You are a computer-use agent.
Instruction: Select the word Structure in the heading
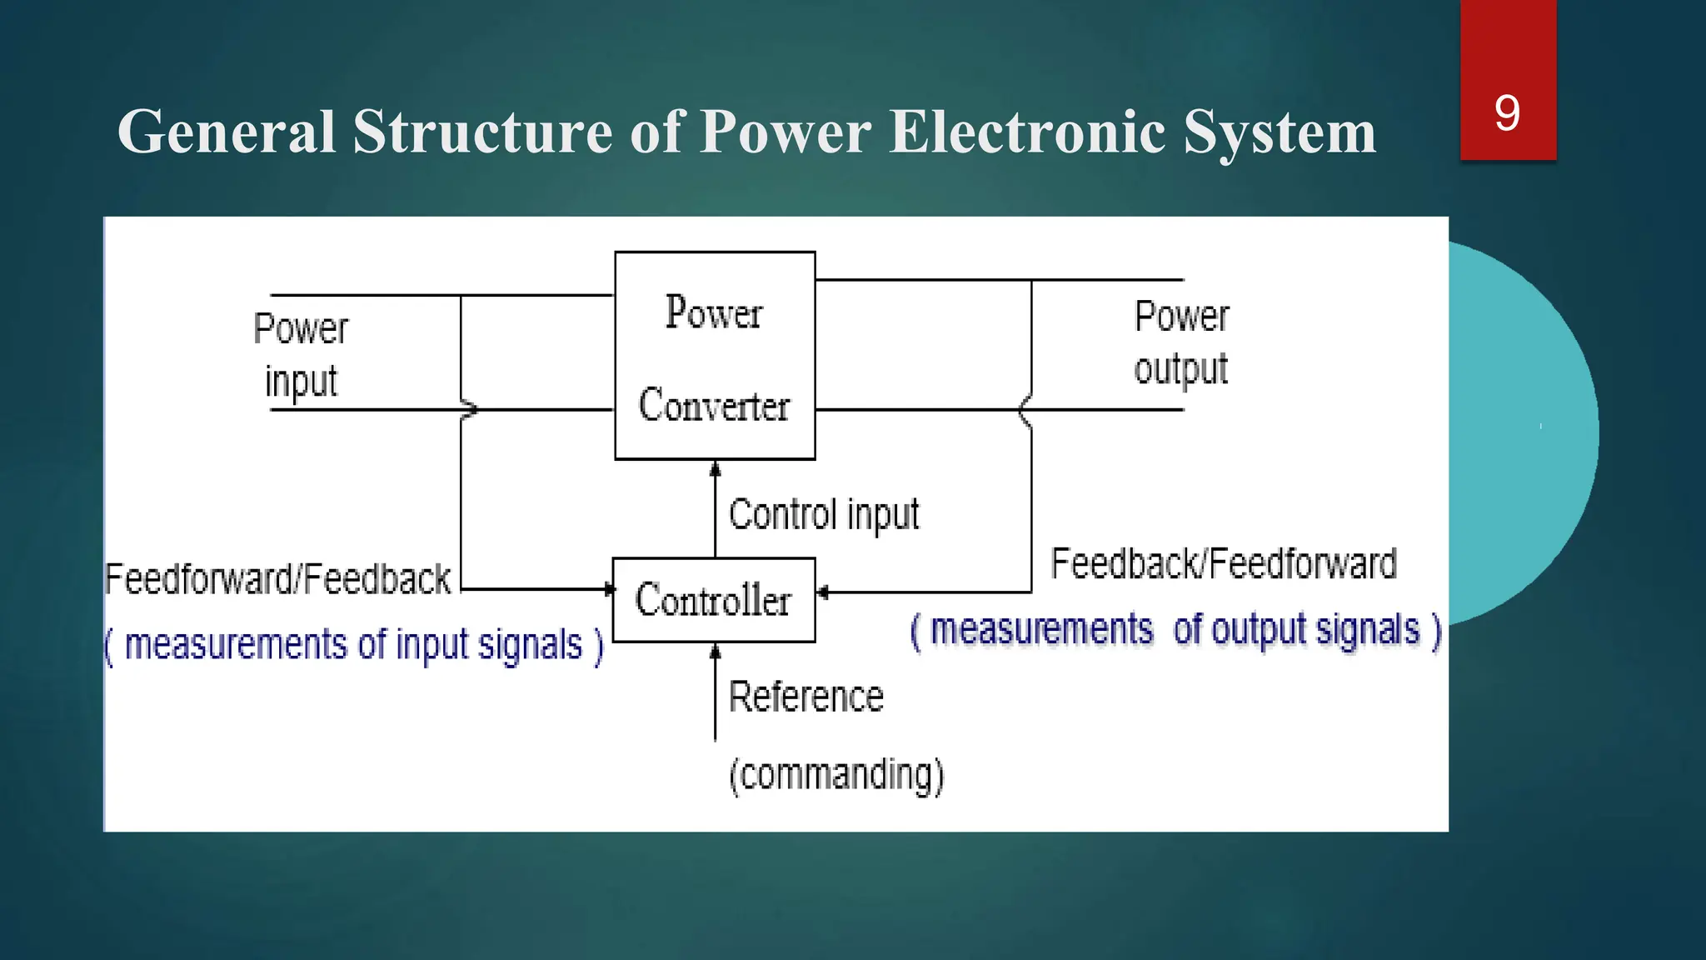[484, 132]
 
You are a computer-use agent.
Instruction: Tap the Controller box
[714, 600]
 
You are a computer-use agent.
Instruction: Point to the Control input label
[824, 514]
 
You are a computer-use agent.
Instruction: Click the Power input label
[301, 355]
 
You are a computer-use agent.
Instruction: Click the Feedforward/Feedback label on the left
[277, 579]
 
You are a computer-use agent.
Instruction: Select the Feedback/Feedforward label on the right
[1223, 564]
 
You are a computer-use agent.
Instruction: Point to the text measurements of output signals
[1175, 630]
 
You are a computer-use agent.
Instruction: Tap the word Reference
[806, 697]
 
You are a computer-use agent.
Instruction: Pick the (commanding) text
[836, 775]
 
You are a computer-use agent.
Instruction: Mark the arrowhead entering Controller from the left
[609, 589]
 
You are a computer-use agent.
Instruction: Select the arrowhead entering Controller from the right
[822, 592]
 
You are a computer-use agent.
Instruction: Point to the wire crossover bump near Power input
[470, 409]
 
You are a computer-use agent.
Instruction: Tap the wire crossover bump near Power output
[1025, 410]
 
